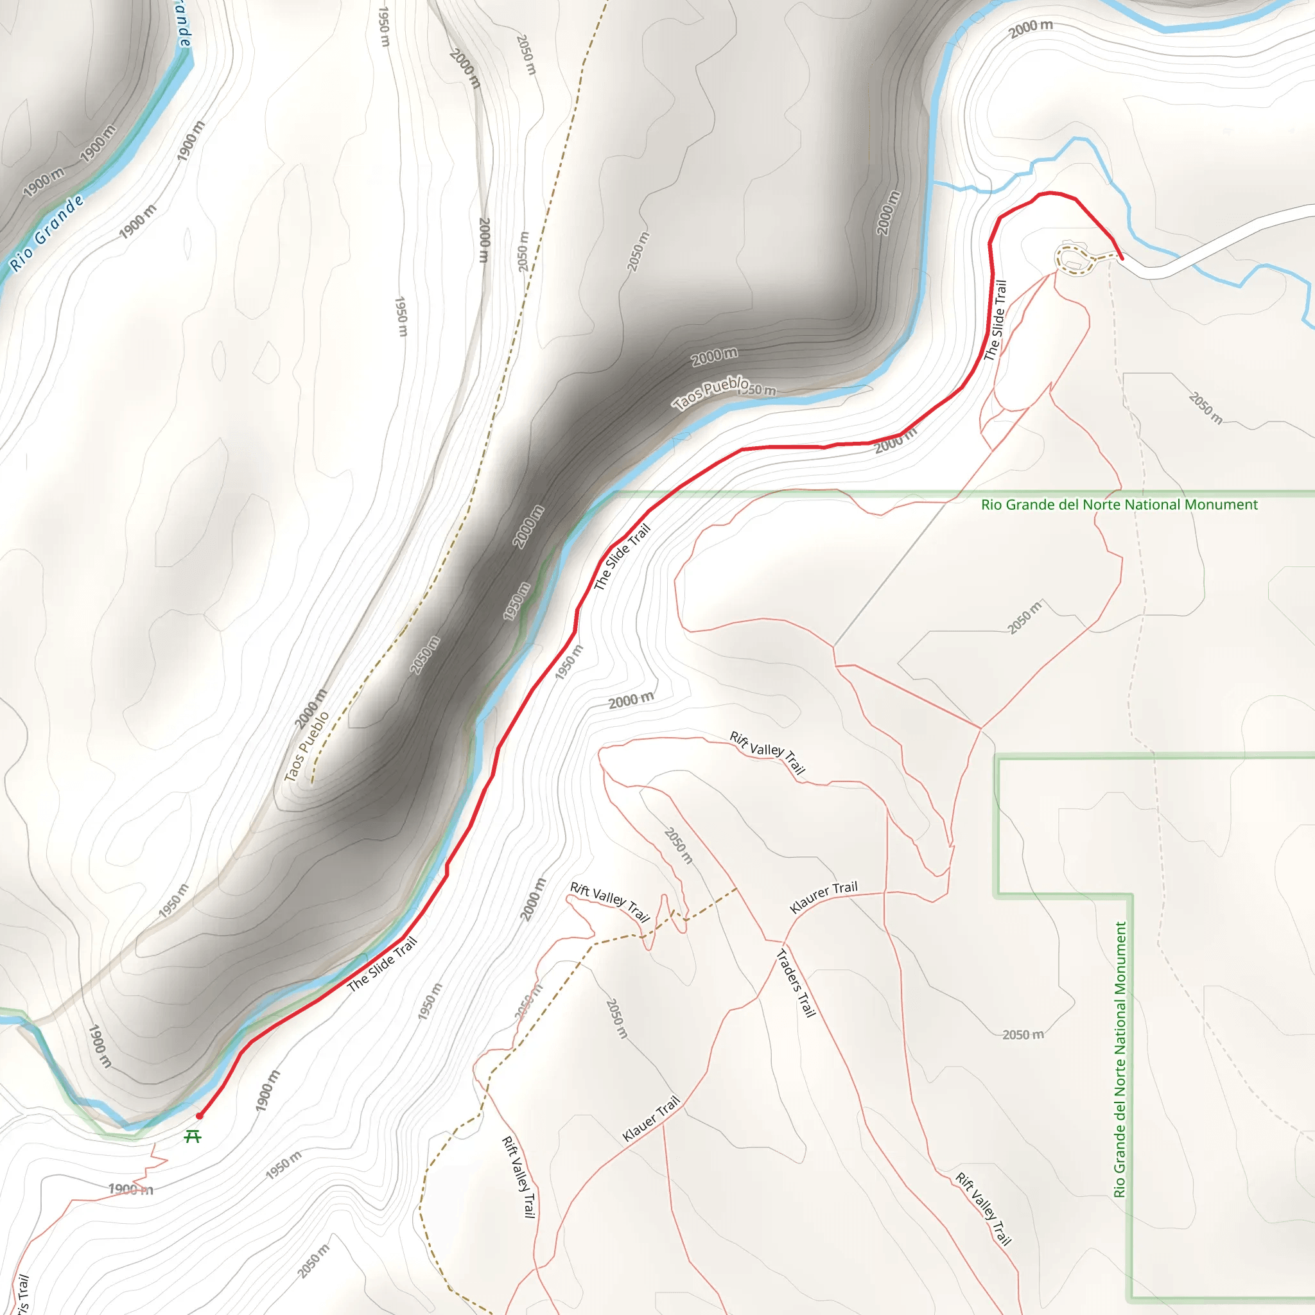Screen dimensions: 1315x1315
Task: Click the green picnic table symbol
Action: click(193, 1136)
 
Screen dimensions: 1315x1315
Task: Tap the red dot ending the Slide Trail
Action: click(200, 1116)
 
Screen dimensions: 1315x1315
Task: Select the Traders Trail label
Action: click(796, 983)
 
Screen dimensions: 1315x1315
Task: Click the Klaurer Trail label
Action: click(824, 897)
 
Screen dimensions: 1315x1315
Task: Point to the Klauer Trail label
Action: click(651, 1119)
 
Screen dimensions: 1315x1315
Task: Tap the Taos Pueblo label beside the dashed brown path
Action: click(306, 746)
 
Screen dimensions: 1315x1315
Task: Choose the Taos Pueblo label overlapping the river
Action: click(711, 394)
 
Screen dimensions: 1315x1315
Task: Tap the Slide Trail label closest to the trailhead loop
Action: click(995, 320)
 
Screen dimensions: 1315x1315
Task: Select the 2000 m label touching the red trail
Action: click(896, 443)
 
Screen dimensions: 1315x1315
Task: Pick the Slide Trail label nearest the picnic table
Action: click(382, 964)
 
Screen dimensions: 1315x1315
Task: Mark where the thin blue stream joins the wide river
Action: click(934, 182)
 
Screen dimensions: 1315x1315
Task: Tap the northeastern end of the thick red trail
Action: click(1121, 258)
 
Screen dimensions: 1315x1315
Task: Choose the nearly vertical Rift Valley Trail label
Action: click(519, 1176)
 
